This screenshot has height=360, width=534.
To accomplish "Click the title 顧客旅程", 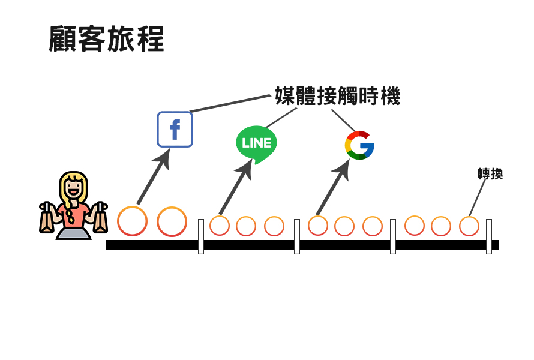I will pyautogui.click(x=106, y=40).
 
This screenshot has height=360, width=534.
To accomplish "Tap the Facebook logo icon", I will pyautogui.click(x=175, y=129).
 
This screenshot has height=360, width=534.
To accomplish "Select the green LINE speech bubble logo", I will pyautogui.click(x=256, y=143).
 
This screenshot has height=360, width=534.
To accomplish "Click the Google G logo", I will pyautogui.click(x=359, y=145).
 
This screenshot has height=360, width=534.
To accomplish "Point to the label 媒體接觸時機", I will pyautogui.click(x=337, y=97).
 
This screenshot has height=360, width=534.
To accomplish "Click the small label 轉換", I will pyautogui.click(x=490, y=174).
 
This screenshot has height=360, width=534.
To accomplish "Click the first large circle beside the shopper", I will pyautogui.click(x=132, y=221).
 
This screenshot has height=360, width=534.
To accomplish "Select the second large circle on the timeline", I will pyautogui.click(x=172, y=221).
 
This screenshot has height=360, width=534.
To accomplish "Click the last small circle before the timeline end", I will pyautogui.click(x=469, y=226).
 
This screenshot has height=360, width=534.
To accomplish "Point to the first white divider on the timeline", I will pyautogui.click(x=201, y=236).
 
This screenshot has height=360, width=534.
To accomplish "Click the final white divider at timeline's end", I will pyautogui.click(x=489, y=236).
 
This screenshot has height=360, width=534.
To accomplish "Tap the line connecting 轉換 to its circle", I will pyautogui.click(x=477, y=198).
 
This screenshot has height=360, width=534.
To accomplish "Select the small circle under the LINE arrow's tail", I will pyautogui.click(x=220, y=226).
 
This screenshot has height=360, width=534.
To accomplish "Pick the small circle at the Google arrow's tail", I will pyautogui.click(x=318, y=226).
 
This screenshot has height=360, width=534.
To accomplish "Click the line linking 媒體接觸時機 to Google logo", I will pyautogui.click(x=344, y=120).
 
